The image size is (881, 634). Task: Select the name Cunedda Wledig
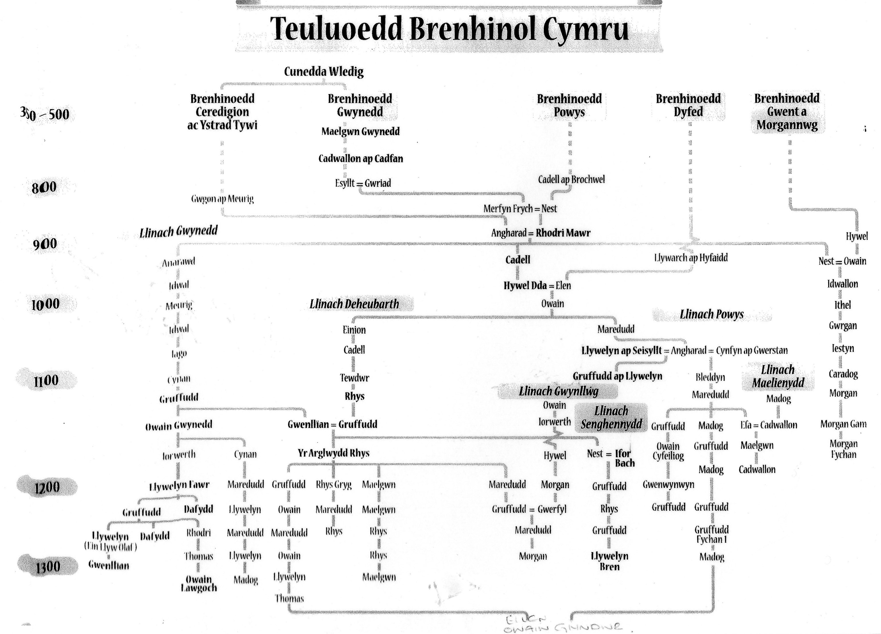pyautogui.click(x=324, y=71)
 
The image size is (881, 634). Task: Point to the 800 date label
pyautogui.click(x=44, y=188)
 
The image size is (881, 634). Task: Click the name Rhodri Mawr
pyautogui.click(x=563, y=233)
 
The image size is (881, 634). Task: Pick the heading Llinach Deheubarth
pyautogui.click(x=354, y=304)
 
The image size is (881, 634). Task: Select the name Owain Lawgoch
pyautogui.click(x=199, y=583)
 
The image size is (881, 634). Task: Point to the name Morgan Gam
pyautogui.click(x=843, y=424)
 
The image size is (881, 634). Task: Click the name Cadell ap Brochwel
pyautogui.click(x=571, y=180)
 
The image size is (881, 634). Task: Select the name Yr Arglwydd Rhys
pyautogui.click(x=333, y=453)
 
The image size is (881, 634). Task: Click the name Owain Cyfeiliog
pyautogui.click(x=668, y=451)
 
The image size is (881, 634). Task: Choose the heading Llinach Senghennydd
pyautogui.click(x=611, y=417)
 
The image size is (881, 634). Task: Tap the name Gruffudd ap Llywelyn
pyautogui.click(x=617, y=376)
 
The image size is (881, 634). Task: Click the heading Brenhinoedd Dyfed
pyautogui.click(x=688, y=105)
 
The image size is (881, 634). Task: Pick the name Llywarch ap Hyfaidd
pyautogui.click(x=691, y=257)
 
